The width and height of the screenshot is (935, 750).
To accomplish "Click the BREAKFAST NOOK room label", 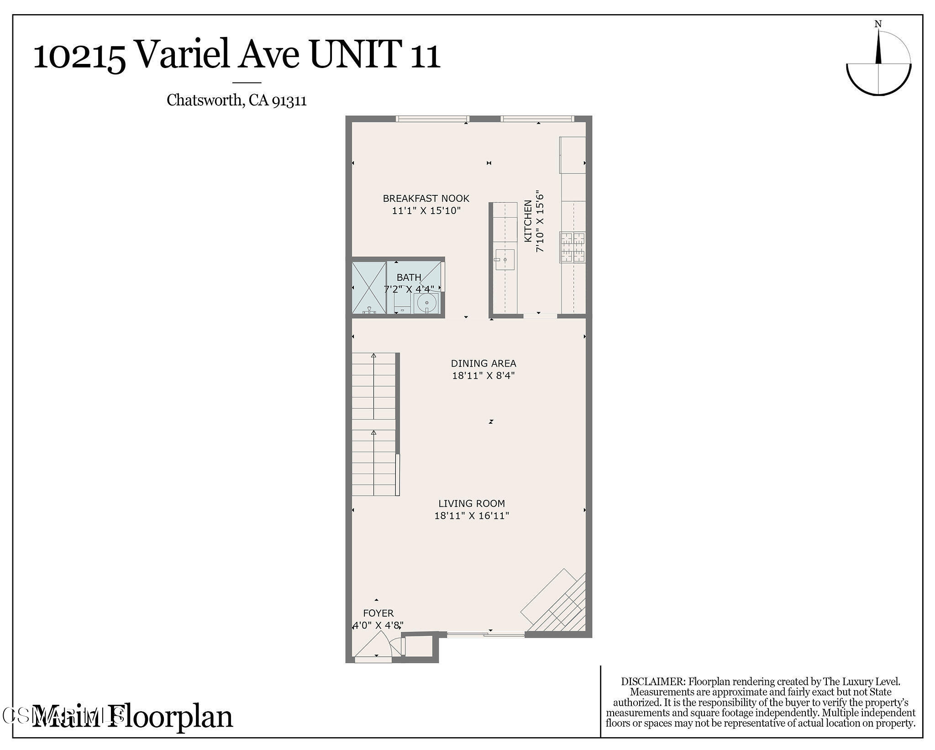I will [426, 199].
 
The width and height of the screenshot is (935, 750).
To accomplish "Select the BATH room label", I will [409, 277].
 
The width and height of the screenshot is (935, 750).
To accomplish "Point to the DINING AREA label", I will [483, 363].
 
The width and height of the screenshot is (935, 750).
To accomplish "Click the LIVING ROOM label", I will [472, 503].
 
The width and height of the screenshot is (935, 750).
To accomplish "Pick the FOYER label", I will [378, 613].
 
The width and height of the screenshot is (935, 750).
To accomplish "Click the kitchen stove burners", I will [573, 247].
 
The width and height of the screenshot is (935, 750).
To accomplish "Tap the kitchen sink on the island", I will [504, 259].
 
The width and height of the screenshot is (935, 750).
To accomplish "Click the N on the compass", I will [878, 24].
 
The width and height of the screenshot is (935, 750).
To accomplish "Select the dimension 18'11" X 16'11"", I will [472, 516].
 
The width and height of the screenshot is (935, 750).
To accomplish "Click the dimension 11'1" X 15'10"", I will [426, 211].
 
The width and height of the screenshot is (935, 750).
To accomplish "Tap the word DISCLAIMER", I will [653, 682].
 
